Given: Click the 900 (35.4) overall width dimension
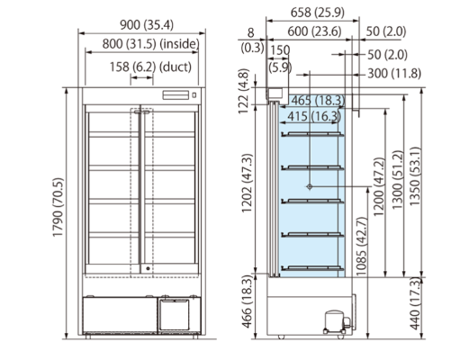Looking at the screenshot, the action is (147, 24).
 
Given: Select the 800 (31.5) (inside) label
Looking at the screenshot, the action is (150, 44).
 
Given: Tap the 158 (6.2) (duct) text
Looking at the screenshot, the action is (150, 67).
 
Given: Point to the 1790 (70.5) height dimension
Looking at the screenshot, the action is (59, 207).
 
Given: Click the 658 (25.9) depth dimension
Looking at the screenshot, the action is (318, 13).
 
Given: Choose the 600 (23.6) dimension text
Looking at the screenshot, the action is (314, 31).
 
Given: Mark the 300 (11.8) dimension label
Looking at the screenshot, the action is (394, 73).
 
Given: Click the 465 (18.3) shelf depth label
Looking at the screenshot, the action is (318, 100).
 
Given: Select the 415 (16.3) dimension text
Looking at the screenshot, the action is (314, 116).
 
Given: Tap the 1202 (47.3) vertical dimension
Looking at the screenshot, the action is (248, 184).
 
